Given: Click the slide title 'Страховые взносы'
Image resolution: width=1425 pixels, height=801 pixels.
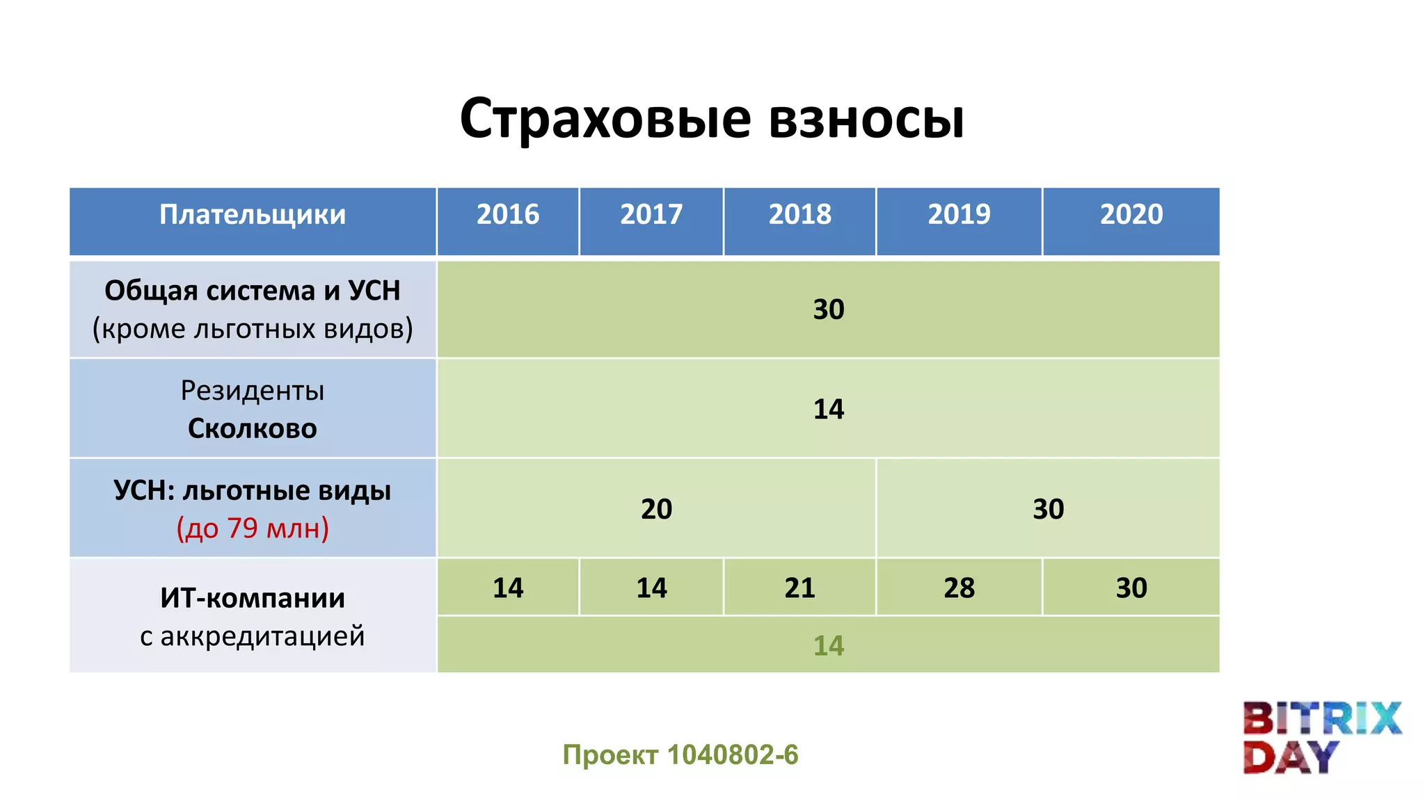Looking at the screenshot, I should [x=712, y=118].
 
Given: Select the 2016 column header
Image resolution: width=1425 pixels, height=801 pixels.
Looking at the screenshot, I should [x=508, y=214].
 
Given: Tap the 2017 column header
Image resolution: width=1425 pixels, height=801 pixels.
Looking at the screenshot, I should [x=651, y=214].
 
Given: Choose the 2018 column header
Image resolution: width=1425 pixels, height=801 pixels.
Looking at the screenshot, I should [x=799, y=214].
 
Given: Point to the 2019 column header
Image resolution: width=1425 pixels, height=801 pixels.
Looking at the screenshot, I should [x=959, y=214].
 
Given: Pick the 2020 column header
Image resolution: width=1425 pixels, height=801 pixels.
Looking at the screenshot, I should [x=1131, y=214].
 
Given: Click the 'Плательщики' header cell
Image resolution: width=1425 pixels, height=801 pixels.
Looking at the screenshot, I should [x=253, y=214].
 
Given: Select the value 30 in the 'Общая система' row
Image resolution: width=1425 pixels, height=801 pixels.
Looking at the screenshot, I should [x=829, y=309].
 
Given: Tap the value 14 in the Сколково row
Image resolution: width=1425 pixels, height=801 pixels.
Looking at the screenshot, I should [x=829, y=409].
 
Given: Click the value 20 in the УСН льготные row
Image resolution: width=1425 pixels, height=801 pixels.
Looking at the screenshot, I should [x=656, y=509].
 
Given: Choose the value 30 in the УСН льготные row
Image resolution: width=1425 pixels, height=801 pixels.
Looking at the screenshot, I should [x=1048, y=509].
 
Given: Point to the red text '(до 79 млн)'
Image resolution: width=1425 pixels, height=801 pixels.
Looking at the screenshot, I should [x=253, y=528].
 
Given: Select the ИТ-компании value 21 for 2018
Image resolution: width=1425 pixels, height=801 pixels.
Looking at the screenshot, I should [x=799, y=588].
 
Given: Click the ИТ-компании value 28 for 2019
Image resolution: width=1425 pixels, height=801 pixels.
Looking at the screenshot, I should [x=959, y=588].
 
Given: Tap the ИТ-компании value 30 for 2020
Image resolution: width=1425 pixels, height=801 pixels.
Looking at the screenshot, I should [x=1131, y=588].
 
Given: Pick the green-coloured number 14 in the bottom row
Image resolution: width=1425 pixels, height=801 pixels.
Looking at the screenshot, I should [x=829, y=646].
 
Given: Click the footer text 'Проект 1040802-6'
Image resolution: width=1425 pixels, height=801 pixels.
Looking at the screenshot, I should [x=680, y=754].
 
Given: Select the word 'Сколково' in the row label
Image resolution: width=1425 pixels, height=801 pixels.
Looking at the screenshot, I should [x=253, y=428].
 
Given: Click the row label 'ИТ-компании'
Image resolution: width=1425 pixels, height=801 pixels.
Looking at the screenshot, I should [x=253, y=598].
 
